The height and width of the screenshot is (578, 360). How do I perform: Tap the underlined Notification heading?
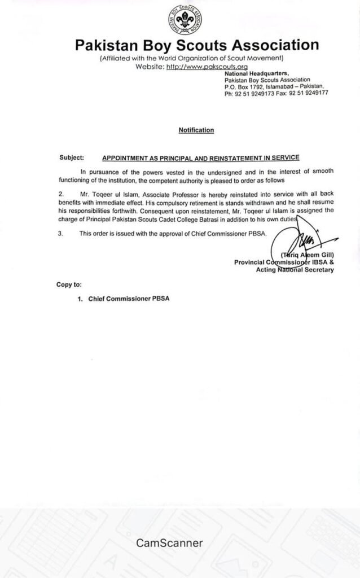click(196, 130)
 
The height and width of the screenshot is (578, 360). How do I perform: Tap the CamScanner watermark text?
click(169, 543)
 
